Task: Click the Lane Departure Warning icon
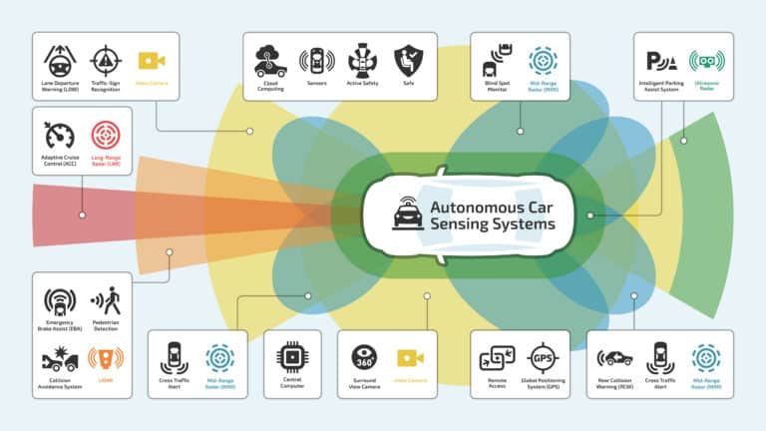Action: [x=60, y=60]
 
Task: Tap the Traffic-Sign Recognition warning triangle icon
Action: [x=106, y=60]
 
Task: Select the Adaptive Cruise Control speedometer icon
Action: [x=60, y=135]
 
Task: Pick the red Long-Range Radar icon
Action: [x=106, y=135]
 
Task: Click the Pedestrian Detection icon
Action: [x=106, y=300]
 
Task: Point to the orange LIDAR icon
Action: [x=106, y=358]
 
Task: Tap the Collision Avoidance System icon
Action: [x=60, y=358]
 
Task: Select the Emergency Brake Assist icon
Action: [x=60, y=300]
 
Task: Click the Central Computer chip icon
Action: [x=291, y=357]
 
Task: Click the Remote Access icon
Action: [x=496, y=358]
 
